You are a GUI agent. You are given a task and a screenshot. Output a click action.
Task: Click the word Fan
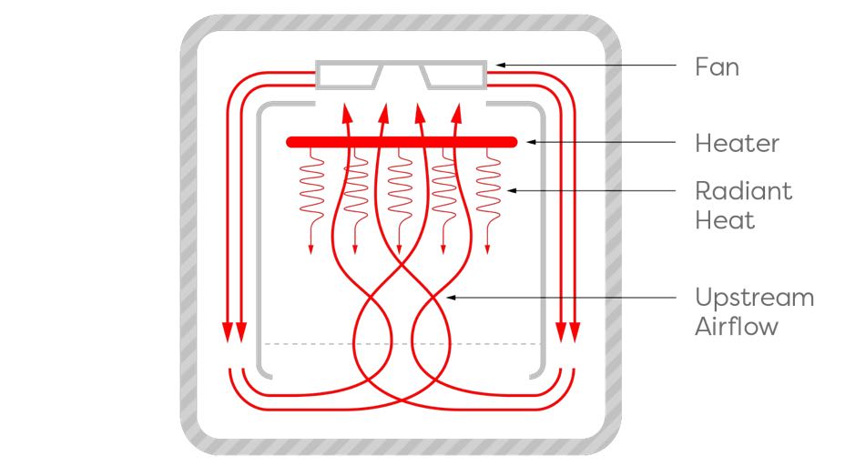[717, 67]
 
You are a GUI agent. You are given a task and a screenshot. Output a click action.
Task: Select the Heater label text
[737, 143]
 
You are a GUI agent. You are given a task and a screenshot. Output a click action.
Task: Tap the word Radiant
[743, 191]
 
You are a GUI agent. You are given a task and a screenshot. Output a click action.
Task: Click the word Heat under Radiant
[725, 220]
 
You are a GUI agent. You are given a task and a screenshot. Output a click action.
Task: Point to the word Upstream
[755, 298]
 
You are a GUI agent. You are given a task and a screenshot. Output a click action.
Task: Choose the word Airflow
[737, 327]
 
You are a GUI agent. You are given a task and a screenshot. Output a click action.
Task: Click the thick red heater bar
[402, 142]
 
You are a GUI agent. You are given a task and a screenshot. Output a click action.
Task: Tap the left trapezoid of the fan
[349, 76]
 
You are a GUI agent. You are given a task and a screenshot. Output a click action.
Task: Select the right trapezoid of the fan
[453, 76]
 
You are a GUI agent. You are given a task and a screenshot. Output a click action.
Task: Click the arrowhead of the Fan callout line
[500, 66]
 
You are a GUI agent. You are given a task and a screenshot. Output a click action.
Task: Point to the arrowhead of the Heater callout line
[531, 142]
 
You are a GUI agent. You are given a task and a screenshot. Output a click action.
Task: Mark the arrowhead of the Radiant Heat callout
[513, 191]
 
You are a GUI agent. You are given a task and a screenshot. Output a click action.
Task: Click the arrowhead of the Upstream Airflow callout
[451, 298]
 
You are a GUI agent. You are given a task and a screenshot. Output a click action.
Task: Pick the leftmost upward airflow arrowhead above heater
[347, 113]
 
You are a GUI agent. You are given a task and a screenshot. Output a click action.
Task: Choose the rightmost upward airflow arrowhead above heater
[457, 113]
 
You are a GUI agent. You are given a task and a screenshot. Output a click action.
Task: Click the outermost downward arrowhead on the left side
[228, 332]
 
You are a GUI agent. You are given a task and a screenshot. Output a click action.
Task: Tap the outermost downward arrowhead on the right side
[575, 332]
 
